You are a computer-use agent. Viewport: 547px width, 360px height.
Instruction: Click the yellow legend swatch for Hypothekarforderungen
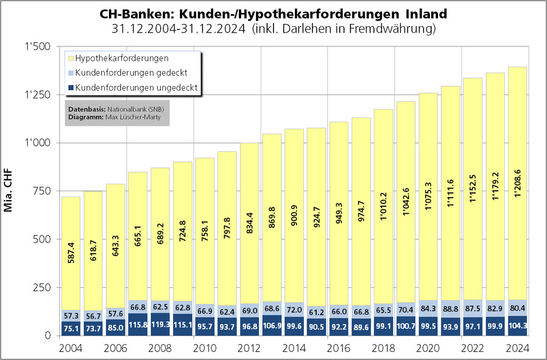click(x=70, y=58)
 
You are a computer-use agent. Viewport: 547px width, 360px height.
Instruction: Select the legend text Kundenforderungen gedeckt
click(x=131, y=73)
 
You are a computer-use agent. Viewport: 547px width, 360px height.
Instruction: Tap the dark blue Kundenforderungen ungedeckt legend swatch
click(x=70, y=87)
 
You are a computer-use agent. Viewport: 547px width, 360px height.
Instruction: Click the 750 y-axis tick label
click(x=42, y=191)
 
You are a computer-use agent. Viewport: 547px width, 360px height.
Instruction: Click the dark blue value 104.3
click(x=517, y=326)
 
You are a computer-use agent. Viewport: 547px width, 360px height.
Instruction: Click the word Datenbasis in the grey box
click(x=83, y=109)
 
